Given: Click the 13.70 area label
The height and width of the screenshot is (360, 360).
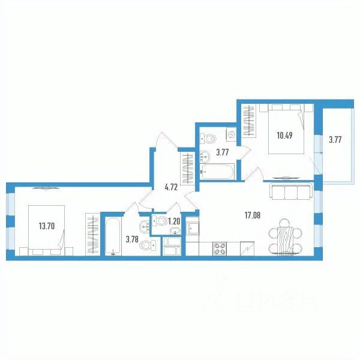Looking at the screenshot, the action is click(x=47, y=226).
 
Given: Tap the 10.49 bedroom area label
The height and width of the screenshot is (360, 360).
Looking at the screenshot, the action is click(x=284, y=136).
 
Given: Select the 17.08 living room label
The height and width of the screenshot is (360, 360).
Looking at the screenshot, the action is click(x=253, y=215).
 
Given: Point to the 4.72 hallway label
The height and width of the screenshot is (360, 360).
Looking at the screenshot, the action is click(x=171, y=188).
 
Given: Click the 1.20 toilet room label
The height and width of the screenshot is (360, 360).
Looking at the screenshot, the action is click(x=174, y=221).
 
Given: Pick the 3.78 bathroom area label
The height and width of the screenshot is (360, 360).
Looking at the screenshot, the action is click(x=132, y=239).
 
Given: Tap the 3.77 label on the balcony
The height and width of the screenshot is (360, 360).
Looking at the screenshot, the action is click(x=335, y=140).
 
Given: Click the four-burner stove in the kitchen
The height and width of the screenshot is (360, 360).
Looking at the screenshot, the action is click(x=220, y=248).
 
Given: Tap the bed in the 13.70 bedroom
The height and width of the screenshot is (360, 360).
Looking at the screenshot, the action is click(x=46, y=230).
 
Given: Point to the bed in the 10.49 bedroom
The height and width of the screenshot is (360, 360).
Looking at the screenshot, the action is click(x=287, y=129).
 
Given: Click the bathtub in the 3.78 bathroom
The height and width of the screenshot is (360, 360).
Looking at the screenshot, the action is click(x=113, y=236).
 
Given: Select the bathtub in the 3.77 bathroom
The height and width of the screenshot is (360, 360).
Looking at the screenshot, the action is click(x=217, y=171).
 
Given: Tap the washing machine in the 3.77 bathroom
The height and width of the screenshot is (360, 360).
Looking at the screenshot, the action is click(x=232, y=134).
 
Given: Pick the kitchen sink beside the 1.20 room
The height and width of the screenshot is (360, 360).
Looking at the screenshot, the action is click(x=192, y=228).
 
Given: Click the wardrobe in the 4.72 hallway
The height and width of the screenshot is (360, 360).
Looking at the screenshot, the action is click(x=188, y=168).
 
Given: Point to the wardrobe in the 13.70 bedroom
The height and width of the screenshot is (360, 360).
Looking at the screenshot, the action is click(x=92, y=234).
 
